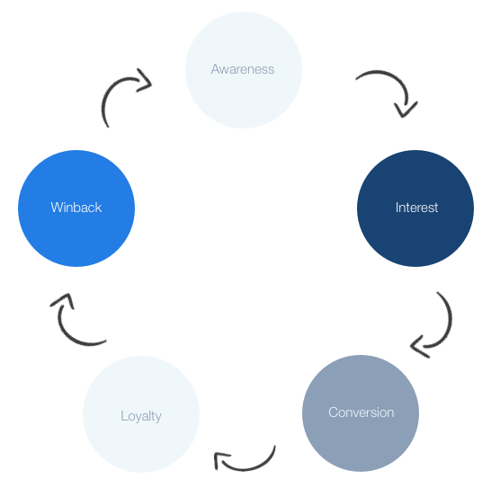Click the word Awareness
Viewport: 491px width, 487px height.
pyautogui.click(x=243, y=69)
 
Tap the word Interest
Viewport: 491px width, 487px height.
pyautogui.click(x=416, y=208)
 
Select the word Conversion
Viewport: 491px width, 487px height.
pyautogui.click(x=361, y=412)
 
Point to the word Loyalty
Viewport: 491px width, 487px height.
pyautogui.click(x=141, y=416)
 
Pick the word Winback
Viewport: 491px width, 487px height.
pyautogui.click(x=76, y=208)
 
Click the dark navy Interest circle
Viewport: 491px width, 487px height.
pyautogui.click(x=415, y=208)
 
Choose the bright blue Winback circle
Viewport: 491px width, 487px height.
pyautogui.click(x=76, y=208)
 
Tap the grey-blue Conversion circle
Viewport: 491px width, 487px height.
pyautogui.click(x=361, y=413)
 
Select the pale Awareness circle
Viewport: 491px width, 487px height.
pyautogui.click(x=244, y=70)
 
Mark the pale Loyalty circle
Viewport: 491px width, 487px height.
pyautogui.click(x=141, y=414)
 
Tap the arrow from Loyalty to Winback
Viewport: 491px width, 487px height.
pyautogui.click(x=64, y=329)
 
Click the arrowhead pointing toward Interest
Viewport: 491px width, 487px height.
pyautogui.click(x=405, y=111)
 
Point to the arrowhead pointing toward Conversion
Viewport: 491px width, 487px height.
pyautogui.click(x=419, y=346)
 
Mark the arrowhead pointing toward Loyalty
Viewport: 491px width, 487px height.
pyautogui.click(x=219, y=459)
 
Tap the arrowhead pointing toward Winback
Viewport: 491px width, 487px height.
pyautogui.click(x=64, y=299)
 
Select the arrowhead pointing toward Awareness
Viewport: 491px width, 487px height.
pyautogui.click(x=146, y=81)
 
